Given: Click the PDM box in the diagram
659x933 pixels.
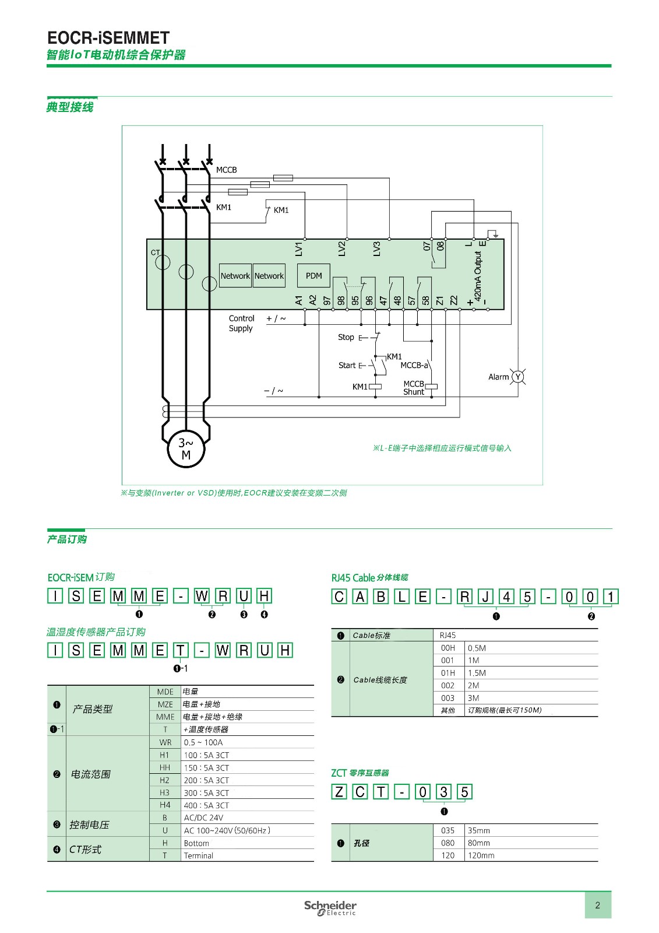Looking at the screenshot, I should [x=313, y=276].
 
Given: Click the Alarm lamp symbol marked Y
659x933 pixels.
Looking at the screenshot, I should [x=517, y=377].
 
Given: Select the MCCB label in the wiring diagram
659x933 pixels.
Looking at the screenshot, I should [x=226, y=170].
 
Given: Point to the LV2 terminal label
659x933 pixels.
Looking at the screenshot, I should [x=342, y=249].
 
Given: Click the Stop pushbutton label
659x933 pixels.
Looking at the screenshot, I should [x=346, y=337].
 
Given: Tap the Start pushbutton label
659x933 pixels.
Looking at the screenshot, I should [x=347, y=365].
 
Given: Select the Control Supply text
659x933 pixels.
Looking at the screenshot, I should [x=241, y=323].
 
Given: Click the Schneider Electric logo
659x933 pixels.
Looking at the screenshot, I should [x=330, y=907].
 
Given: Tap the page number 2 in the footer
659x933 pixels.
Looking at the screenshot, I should [x=597, y=905].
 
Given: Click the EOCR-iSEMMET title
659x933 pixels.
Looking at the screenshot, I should [x=108, y=38].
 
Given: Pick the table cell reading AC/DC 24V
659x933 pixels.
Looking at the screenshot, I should [x=203, y=818].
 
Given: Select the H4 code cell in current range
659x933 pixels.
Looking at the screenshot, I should [x=165, y=805].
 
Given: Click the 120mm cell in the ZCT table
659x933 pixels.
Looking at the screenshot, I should [x=481, y=855].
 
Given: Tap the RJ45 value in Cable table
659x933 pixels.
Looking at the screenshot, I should [x=448, y=635].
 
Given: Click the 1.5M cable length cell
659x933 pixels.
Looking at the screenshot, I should [x=477, y=673].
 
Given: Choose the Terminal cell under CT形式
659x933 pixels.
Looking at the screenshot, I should [x=199, y=855].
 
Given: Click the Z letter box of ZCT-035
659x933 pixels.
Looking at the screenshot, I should [x=339, y=792].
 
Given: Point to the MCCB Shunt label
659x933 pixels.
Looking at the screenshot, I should [x=414, y=388].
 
